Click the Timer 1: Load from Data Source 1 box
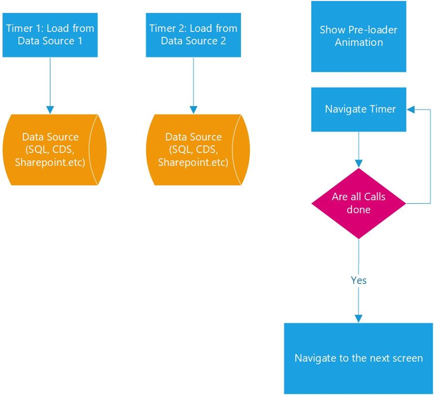(x=50, y=35)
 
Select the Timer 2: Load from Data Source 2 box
(x=193, y=35)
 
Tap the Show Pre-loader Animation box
(x=358, y=36)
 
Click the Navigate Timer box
(x=358, y=109)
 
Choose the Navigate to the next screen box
(x=358, y=358)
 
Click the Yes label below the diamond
(x=358, y=280)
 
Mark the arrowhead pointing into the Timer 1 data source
(x=50, y=110)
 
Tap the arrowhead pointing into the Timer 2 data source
(x=193, y=110)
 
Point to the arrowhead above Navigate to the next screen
(x=358, y=318)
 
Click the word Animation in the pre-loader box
(x=358, y=43)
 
